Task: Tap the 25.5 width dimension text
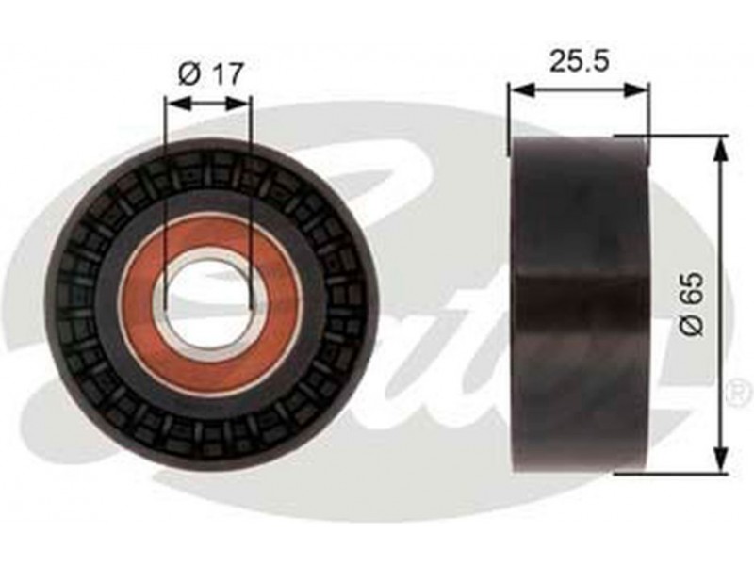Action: tap(580, 61)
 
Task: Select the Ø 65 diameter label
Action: tap(694, 305)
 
